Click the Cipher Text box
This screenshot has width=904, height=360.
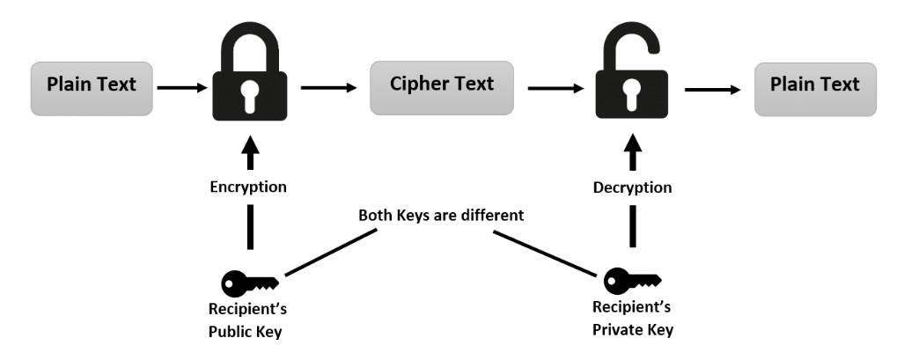[x=442, y=88]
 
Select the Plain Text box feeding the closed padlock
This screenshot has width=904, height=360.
[x=92, y=89]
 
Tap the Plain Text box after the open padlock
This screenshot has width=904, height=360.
[x=815, y=90]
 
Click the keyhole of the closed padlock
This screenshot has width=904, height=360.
[x=250, y=95]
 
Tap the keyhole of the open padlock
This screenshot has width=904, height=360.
[x=632, y=94]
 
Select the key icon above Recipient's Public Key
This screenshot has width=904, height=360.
[x=250, y=283]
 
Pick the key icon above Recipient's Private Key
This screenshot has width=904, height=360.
[x=632, y=281]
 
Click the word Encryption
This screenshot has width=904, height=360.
[x=248, y=187]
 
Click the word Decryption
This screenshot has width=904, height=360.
[x=633, y=187]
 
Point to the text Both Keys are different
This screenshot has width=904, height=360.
[x=441, y=215]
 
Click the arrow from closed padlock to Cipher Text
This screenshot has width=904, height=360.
[x=329, y=88]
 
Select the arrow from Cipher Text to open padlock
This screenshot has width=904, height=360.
[x=555, y=88]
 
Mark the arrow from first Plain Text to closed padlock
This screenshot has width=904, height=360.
[x=182, y=88]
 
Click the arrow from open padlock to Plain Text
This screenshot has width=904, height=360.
[x=713, y=90]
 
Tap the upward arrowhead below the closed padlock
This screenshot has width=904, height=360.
[x=250, y=143]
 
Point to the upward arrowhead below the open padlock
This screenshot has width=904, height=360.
[x=633, y=143]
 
